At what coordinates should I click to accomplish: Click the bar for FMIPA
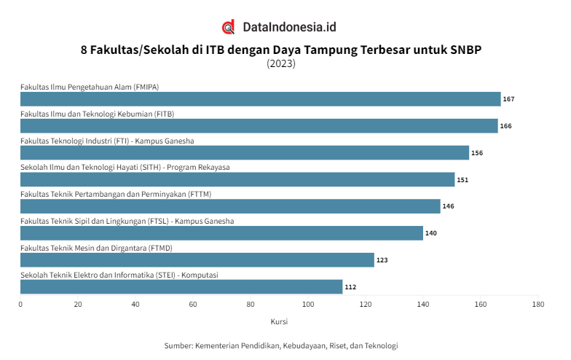(260, 99)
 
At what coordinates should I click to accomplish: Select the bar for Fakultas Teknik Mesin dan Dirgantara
(197, 260)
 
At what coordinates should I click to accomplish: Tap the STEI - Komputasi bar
(181, 287)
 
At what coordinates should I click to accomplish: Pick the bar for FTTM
(230, 206)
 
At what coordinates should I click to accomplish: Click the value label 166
(505, 126)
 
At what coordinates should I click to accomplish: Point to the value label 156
(477, 153)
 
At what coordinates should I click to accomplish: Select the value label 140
(431, 233)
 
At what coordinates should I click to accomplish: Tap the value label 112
(350, 287)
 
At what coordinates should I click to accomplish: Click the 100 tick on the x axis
(308, 304)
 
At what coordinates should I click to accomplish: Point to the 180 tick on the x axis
(538, 304)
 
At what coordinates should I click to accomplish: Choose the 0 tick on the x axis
(20, 304)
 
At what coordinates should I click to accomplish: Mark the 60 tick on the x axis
(193, 304)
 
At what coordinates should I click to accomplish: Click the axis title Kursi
(279, 321)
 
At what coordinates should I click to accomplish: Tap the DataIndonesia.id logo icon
(229, 28)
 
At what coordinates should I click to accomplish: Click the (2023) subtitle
(281, 63)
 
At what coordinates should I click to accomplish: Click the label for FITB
(97, 114)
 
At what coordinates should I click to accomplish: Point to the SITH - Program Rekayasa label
(125, 168)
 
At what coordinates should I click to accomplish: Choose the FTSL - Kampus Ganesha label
(127, 221)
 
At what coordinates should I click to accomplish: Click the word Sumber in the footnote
(178, 345)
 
